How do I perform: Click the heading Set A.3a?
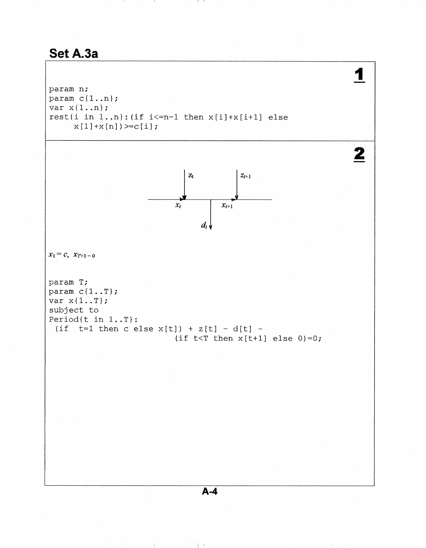point(74,54)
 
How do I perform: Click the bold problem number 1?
point(359,75)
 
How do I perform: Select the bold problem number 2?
point(359,154)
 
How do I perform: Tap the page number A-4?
point(210,491)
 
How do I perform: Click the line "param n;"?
point(68,89)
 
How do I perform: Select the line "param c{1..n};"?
point(83,99)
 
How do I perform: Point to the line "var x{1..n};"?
point(78,108)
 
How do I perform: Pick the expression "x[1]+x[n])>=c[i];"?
point(116,127)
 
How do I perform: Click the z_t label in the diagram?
point(191,176)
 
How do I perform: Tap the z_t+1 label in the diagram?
point(245,176)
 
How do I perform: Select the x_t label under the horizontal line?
point(178,205)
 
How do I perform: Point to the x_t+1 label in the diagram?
point(227,206)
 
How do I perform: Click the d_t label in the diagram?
point(204,226)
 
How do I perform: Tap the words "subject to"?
point(74,310)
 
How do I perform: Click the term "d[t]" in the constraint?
point(243,329)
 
